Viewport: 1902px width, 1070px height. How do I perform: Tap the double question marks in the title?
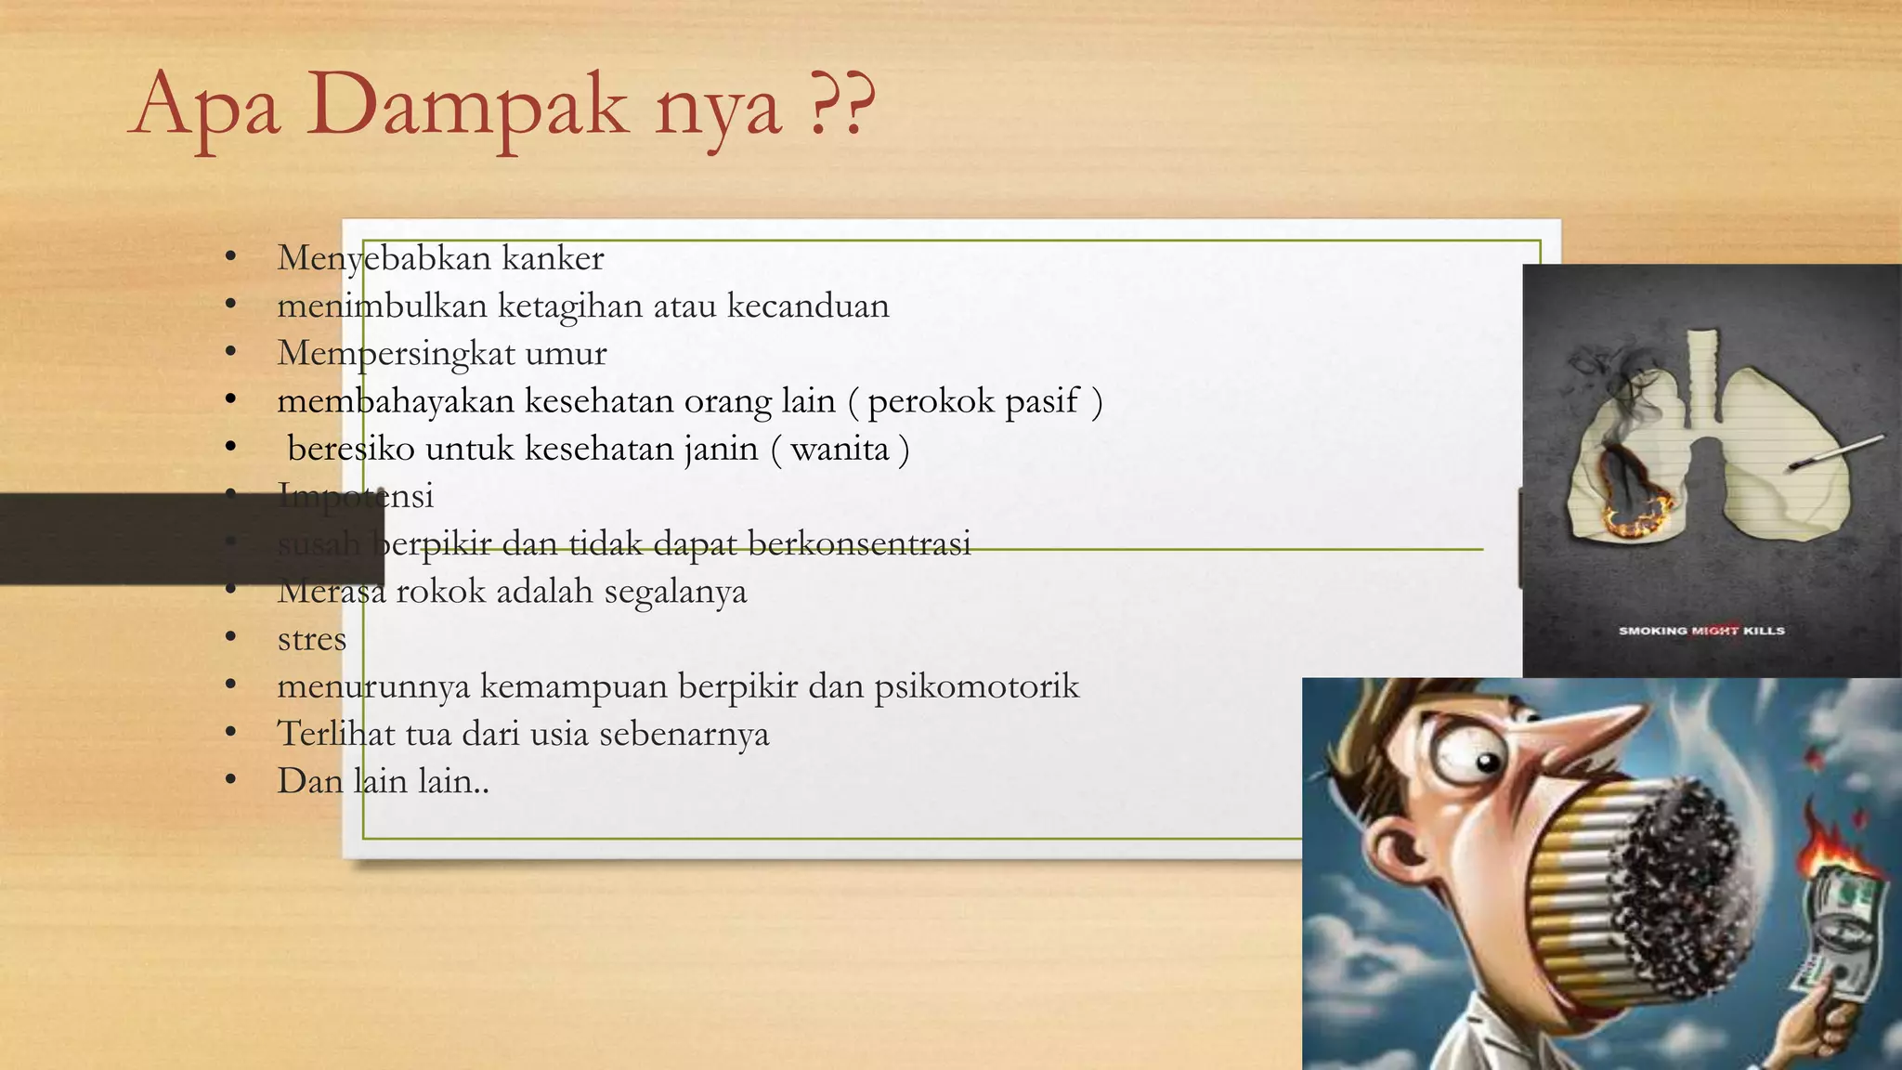click(841, 104)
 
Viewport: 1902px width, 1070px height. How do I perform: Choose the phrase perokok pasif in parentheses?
click(973, 401)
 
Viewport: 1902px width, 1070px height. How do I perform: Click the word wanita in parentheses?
click(840, 449)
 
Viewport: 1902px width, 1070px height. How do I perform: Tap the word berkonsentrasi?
click(859, 543)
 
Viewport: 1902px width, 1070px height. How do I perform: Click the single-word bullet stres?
click(311, 639)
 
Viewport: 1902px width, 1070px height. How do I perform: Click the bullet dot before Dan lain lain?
click(231, 780)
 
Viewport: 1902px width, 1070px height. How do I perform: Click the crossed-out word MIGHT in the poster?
click(1714, 631)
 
